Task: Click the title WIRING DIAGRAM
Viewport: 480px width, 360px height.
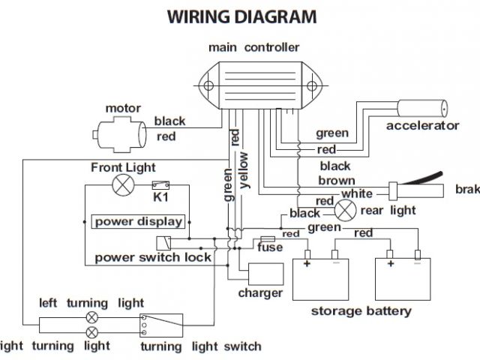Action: [241, 16]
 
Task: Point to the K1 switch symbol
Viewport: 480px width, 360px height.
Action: [159, 185]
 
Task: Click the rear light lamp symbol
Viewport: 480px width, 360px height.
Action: [346, 210]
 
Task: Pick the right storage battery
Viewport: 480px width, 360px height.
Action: [406, 275]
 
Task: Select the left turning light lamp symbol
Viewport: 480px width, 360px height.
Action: [92, 317]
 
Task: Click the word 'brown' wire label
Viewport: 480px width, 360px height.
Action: [336, 180]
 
